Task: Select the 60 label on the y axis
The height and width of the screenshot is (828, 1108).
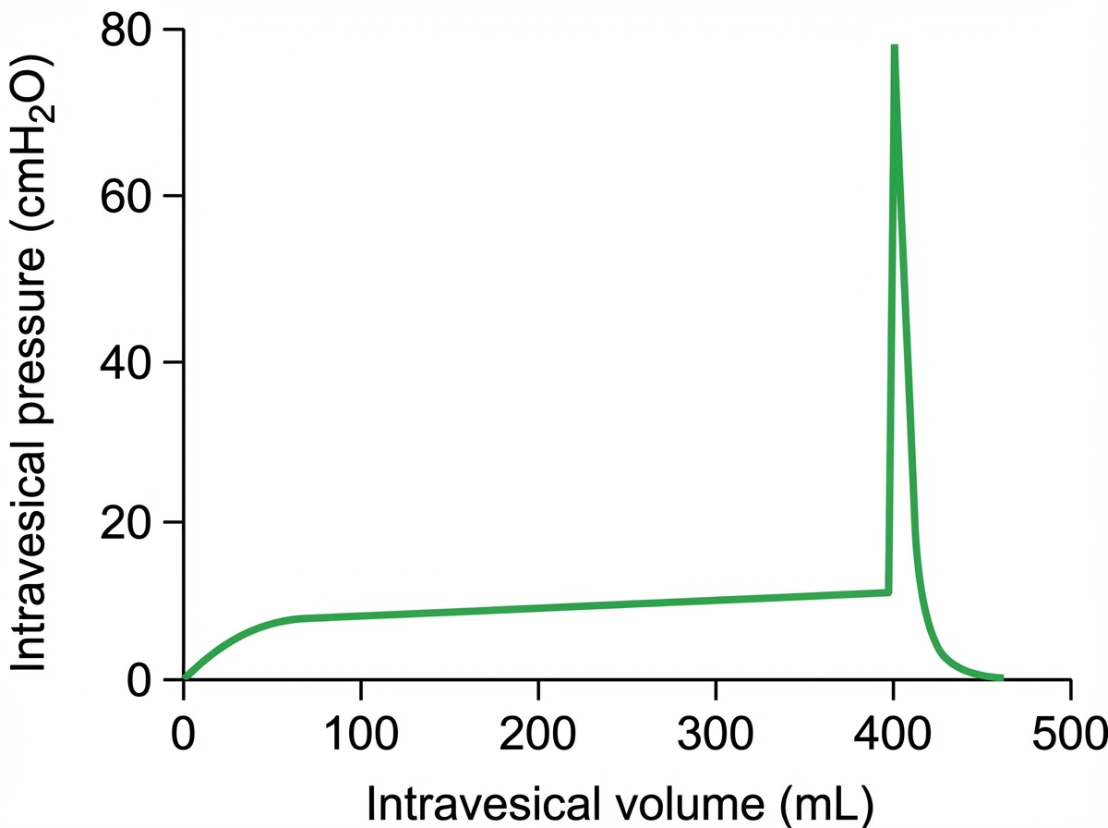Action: coord(126,196)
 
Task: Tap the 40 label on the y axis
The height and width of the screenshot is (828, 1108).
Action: coord(126,361)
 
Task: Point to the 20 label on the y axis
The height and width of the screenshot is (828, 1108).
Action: coord(126,522)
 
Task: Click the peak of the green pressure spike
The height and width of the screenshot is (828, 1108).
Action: coord(894,46)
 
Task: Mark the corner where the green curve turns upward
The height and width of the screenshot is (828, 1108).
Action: coord(888,591)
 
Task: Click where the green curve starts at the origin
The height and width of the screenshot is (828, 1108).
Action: coord(185,678)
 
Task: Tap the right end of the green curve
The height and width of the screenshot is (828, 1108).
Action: coord(1001,678)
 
